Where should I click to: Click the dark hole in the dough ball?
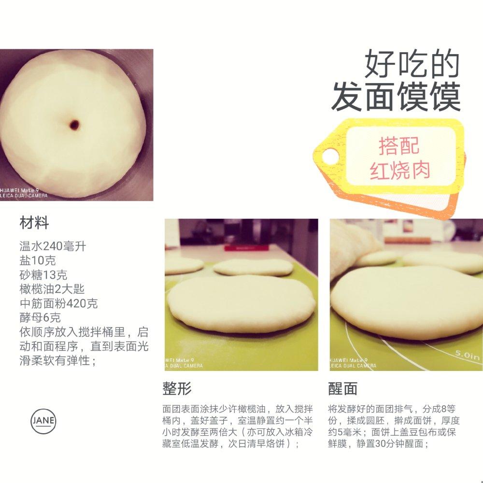coord(74,125)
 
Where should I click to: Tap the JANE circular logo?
coord(43,421)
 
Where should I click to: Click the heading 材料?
coord(34,223)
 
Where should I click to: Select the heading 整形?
coord(177,388)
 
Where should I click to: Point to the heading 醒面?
coord(342,388)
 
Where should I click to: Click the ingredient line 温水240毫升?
coord(53,246)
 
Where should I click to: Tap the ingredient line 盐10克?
coord(38,261)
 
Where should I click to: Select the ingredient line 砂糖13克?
coord(43,275)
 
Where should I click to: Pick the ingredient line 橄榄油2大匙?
coord(52,289)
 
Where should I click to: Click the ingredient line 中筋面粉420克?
coord(58,303)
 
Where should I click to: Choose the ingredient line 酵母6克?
coord(40,318)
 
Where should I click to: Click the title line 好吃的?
coord(412,64)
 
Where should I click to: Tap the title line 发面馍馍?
coord(396,97)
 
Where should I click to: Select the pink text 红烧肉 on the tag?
coord(400,170)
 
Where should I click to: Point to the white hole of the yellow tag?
coord(330,156)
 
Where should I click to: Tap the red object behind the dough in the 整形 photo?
coord(246,247)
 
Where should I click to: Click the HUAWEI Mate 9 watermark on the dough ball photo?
coord(19,190)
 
